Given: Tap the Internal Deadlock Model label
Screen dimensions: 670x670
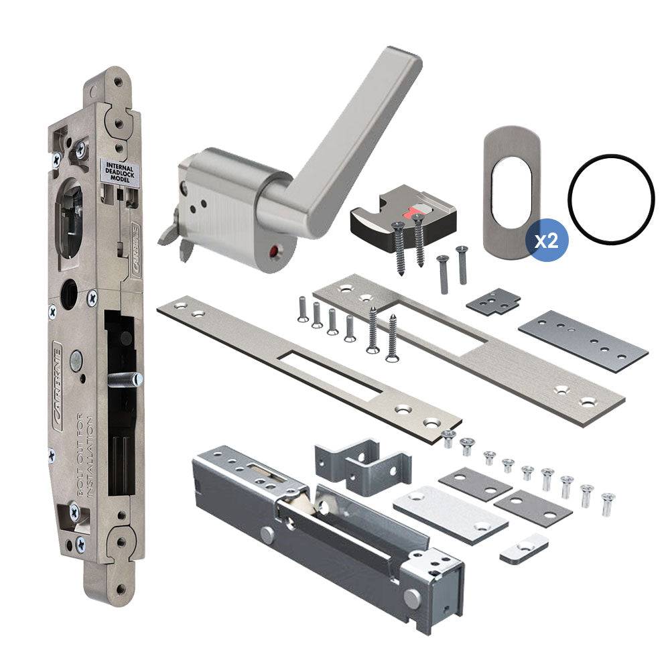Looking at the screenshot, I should click(119, 171).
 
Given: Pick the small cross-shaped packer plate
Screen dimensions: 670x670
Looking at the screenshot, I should click(493, 301).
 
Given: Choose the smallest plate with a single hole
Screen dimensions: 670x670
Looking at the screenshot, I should click(523, 549).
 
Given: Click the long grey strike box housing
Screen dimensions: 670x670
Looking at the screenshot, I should click(322, 529).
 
